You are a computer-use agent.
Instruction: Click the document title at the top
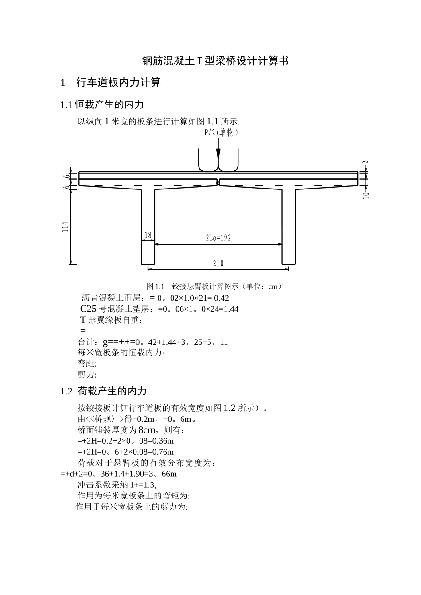pyautogui.click(x=215, y=61)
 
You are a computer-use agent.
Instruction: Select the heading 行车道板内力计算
pyautogui.click(x=118, y=82)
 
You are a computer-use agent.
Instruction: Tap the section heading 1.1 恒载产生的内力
pyautogui.click(x=102, y=104)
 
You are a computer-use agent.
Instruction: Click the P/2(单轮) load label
pyautogui.click(x=221, y=133)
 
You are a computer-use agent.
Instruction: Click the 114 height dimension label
pyautogui.click(x=65, y=227)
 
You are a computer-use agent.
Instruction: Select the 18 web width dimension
pyautogui.click(x=148, y=235)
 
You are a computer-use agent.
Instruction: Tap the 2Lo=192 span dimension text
pyautogui.click(x=218, y=238)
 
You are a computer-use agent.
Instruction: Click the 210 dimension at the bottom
pyautogui.click(x=218, y=263)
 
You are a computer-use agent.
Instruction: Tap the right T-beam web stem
pyautogui.click(x=288, y=226)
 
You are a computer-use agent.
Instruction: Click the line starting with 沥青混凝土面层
pyautogui.click(x=155, y=298)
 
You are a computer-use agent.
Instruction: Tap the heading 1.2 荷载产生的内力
pyautogui.click(x=103, y=391)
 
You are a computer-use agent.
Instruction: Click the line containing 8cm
pyautogui.click(x=131, y=430)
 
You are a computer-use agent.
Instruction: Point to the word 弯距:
pyautogui.click(x=87, y=364)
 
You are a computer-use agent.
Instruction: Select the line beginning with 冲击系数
pyautogui.click(x=117, y=485)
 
